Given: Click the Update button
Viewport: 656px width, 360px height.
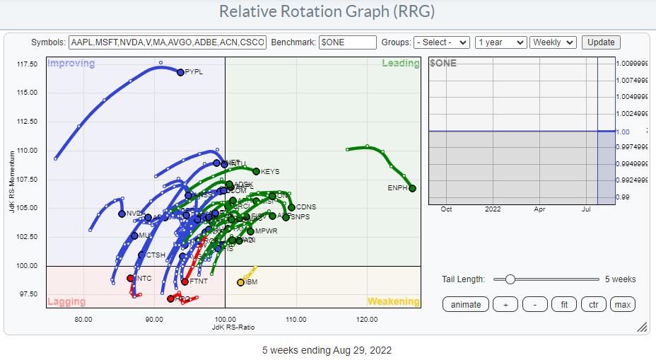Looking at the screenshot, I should (601, 42).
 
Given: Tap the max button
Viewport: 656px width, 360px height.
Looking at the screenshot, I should (623, 304).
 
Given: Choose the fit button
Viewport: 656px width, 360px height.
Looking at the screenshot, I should (564, 304).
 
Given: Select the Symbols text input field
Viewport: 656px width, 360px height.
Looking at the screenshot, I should (168, 42).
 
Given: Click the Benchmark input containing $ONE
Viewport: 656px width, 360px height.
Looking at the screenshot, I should (347, 42).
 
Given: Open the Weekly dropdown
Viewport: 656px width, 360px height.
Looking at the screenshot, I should (553, 42).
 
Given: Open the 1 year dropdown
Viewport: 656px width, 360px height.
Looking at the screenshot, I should (501, 42).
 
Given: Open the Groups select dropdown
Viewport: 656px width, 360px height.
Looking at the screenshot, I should (442, 42).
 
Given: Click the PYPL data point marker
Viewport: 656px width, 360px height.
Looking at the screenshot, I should (180, 72).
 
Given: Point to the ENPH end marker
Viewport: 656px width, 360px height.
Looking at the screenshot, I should (412, 188).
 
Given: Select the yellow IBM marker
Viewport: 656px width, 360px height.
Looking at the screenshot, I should (240, 282).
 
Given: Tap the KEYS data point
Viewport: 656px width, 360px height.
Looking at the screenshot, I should (257, 171).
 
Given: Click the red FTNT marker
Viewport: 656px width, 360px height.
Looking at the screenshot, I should (184, 281).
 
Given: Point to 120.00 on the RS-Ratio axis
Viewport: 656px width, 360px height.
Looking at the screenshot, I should (367, 319).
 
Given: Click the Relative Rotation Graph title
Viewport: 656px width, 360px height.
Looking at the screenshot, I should (327, 12).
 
